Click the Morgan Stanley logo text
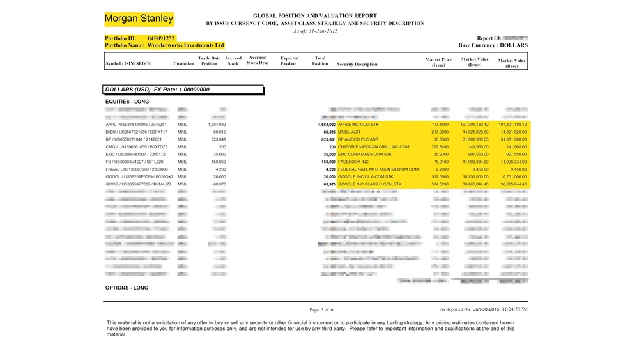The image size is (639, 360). pos(139,19)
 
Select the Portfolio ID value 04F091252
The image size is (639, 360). pos(162,38)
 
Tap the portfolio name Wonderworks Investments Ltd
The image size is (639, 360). pos(185,45)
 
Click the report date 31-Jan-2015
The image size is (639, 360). pos(324,31)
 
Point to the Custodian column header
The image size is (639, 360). pos(183,64)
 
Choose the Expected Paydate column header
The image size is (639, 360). pos(289,61)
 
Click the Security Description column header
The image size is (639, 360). pos(357,64)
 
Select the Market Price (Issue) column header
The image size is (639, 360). pos(438,61)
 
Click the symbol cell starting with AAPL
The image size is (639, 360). pos(135,125)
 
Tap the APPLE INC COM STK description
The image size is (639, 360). pos(358,125)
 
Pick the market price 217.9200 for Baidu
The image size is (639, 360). pos(440,132)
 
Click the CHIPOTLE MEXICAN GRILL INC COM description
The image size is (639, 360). pos(373,147)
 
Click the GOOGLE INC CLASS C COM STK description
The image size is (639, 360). pos(369,184)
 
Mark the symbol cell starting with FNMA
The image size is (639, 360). pos(136,169)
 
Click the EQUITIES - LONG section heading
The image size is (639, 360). pos(127,102)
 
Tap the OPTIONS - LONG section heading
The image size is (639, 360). pos(127,288)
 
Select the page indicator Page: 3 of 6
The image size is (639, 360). pos(326,309)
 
